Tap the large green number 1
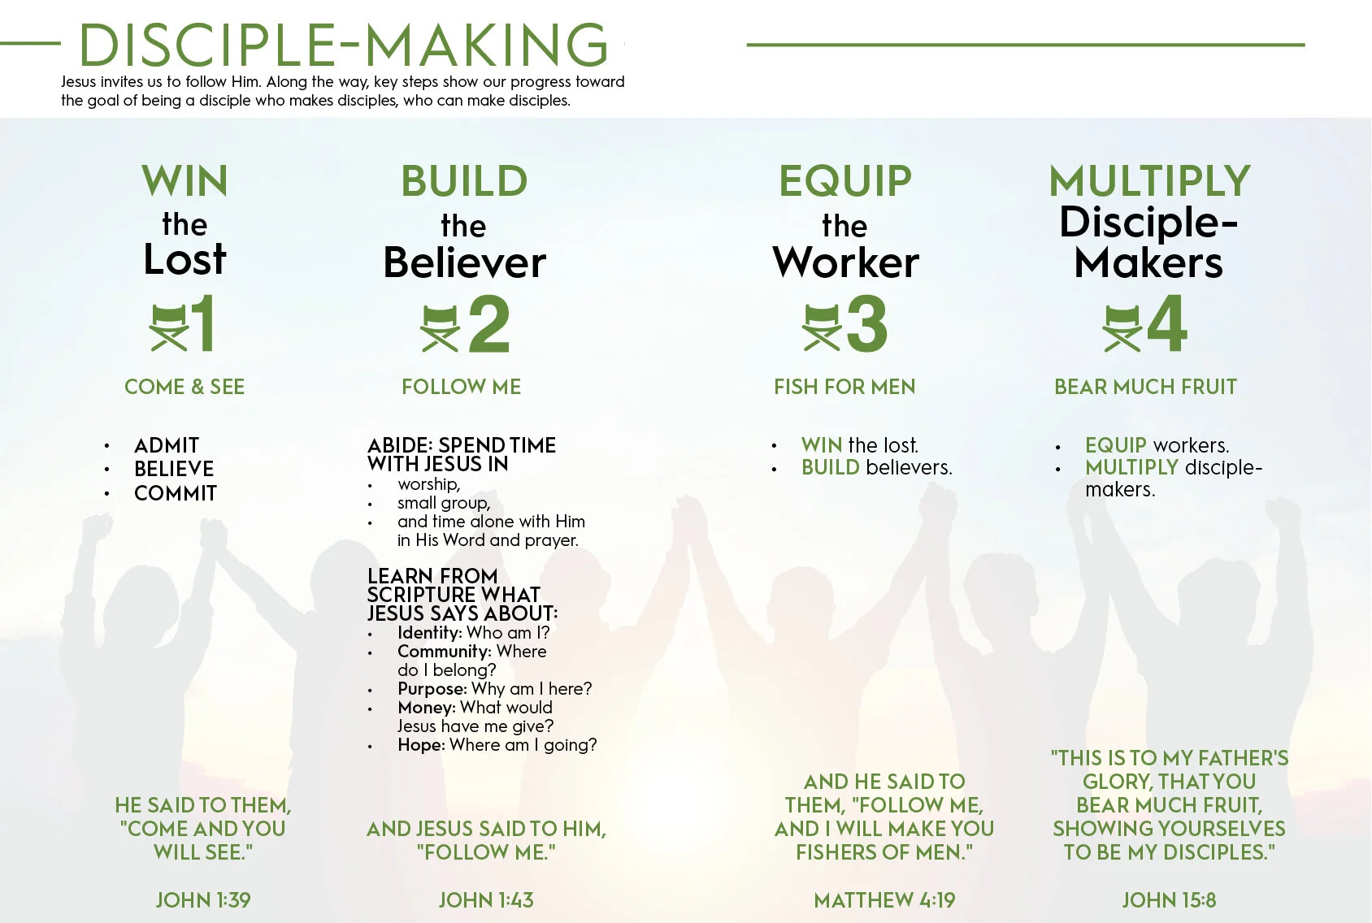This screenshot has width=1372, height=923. point(203,323)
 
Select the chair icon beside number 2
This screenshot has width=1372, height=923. point(441,328)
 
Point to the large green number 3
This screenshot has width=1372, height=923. point(867,324)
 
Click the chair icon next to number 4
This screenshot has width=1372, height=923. point(1122,327)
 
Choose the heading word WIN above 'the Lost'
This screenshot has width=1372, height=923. point(185,181)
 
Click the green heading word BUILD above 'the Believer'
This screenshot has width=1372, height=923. point(464,181)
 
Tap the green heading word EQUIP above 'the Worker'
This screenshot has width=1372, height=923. point(845,181)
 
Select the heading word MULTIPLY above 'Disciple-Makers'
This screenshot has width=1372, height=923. point(1149,181)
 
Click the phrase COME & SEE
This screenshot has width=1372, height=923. point(185,387)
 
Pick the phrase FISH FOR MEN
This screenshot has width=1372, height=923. point(844,387)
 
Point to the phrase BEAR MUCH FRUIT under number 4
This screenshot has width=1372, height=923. point(1145,387)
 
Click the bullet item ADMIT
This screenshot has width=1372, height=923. point(167,445)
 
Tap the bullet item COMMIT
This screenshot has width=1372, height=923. point(176,493)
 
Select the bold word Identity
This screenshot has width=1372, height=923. point(429,633)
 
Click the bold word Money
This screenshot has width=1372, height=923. point(426,708)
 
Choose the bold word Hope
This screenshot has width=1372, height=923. point(420,745)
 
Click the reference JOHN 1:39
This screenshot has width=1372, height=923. point(203,900)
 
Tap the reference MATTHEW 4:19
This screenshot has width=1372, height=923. point(884,900)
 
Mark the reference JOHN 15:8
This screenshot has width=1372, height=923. point(1169,900)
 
